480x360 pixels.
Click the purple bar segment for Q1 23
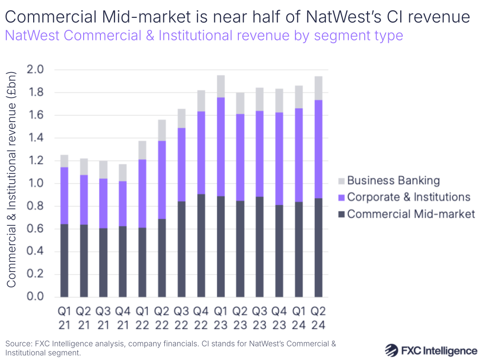pyautogui.click(x=221, y=147)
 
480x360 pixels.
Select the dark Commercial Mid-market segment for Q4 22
pyautogui.click(x=201, y=245)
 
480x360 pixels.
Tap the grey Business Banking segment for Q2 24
pyautogui.click(x=318, y=88)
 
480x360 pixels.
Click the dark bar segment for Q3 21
pyautogui.click(x=103, y=262)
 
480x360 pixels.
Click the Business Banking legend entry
pyautogui.click(x=393, y=181)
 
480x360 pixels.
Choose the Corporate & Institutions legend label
pyautogui.click(x=408, y=197)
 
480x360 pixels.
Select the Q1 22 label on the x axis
pyautogui.click(x=142, y=318)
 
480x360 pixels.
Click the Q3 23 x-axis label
pyautogui.click(x=259, y=318)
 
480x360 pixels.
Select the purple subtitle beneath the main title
pyautogui.click(x=204, y=36)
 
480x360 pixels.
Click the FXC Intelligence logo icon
pyautogui.click(x=394, y=349)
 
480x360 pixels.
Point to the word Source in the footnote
pyautogui.click(x=18, y=344)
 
